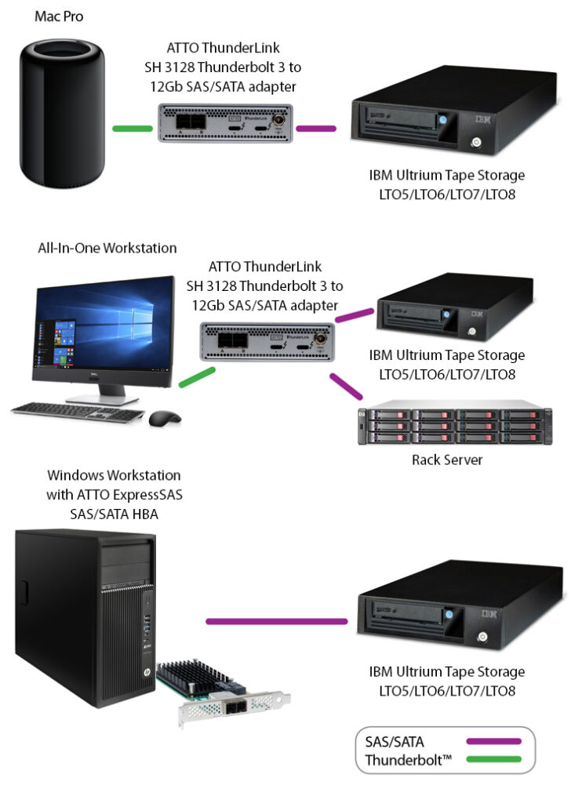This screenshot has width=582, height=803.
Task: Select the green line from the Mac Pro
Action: pos(132,128)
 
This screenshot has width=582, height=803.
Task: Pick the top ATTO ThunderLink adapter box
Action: pos(226,123)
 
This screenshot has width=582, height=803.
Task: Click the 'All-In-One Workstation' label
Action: pos(107,248)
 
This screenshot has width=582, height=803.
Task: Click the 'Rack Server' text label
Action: pos(446,460)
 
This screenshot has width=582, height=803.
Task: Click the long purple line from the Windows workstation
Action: pos(276,622)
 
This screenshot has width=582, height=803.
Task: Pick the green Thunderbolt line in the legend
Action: pos(493,759)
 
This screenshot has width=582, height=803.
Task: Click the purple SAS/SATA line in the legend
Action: pos(493,740)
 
